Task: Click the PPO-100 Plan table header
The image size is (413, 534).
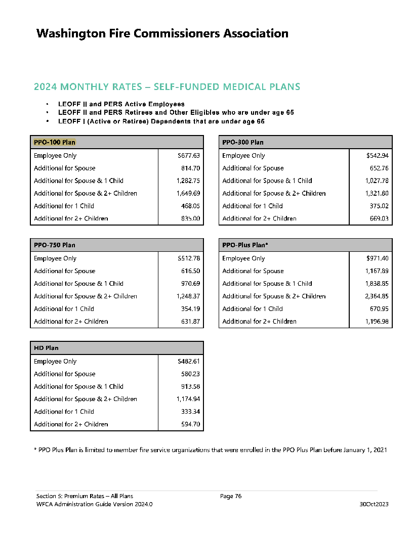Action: pos(55,142)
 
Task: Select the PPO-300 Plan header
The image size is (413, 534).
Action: pos(243,142)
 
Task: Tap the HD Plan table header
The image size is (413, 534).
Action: pos(46,348)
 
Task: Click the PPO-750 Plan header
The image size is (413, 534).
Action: pos(55,245)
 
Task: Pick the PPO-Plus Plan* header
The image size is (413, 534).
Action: pos(245,245)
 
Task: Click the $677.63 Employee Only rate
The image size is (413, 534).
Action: pos(189,156)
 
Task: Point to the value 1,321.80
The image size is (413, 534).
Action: pos(377,193)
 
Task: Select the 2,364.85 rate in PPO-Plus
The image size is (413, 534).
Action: pos(377,296)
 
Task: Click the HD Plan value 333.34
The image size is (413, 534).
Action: pos(190,412)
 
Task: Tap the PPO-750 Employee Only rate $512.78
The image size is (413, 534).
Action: pos(189,258)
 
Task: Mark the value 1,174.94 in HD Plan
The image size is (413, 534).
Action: pos(188,399)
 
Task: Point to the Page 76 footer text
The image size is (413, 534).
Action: pos(231,496)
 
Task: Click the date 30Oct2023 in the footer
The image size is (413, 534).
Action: pos(374,504)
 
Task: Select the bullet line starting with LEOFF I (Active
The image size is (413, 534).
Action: pos(161,121)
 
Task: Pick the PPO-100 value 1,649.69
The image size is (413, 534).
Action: pos(188,193)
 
